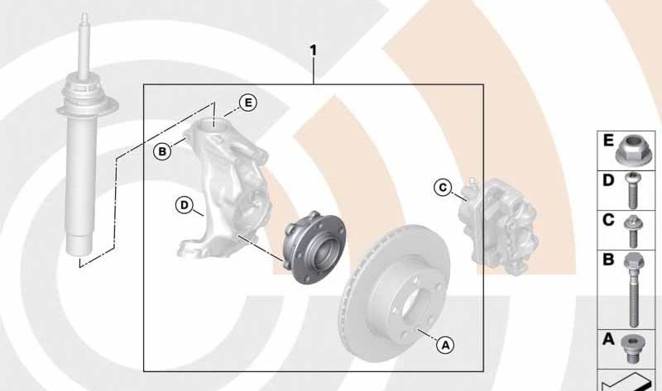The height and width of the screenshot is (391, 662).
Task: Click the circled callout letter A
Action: click(446, 346)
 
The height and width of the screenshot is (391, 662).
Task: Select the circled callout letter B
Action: click(162, 151)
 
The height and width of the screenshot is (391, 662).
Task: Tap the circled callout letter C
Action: click(443, 188)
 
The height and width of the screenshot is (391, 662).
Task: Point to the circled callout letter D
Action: click(184, 205)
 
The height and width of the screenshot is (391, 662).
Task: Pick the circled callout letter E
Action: click(247, 103)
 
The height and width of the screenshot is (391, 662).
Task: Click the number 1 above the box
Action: click(313, 51)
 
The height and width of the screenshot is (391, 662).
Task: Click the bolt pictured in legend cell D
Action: click(631, 191)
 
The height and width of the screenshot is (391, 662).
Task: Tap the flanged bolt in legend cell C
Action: click(633, 231)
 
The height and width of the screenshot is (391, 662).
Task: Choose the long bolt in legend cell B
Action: click(633, 290)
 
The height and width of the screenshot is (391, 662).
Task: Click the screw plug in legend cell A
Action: click(631, 349)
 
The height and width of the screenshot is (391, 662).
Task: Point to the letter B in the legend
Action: click(608, 260)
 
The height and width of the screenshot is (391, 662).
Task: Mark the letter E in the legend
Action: click(608, 141)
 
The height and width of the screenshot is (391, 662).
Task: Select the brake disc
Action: click(396, 293)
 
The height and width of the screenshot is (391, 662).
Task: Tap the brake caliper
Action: click(498, 226)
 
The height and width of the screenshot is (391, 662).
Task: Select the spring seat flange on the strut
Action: click(88, 107)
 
